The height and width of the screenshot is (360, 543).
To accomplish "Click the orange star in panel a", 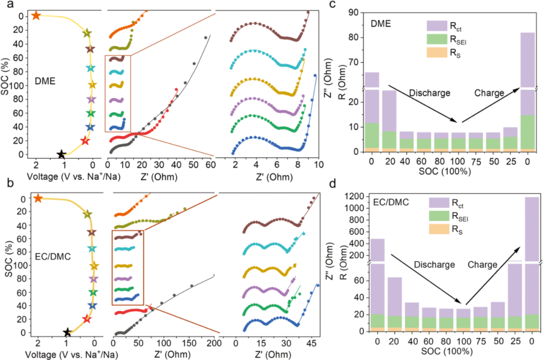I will tap(36, 16).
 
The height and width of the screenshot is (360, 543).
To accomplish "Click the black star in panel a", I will tap(61, 154).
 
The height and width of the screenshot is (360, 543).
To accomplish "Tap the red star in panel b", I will tap(86, 319).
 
